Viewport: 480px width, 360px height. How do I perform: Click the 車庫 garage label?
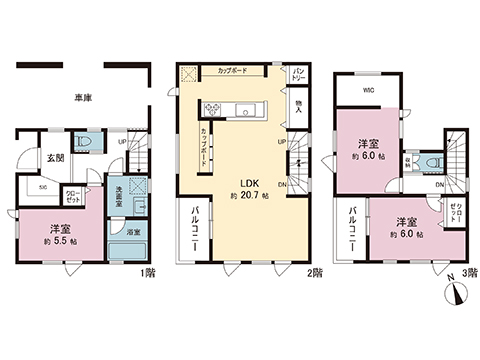click(x=83, y=98)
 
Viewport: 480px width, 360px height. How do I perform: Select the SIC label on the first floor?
click(x=42, y=186)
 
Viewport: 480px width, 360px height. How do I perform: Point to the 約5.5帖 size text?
click(x=60, y=241)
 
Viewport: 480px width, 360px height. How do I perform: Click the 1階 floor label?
click(x=149, y=271)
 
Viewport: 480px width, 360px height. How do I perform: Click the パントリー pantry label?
click(x=299, y=73)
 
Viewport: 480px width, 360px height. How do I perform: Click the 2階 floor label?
click(x=315, y=271)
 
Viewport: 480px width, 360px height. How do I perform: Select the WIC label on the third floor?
click(x=368, y=88)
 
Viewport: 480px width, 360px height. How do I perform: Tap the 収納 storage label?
click(x=411, y=163)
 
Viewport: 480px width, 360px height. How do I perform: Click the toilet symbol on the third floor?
click(x=430, y=162)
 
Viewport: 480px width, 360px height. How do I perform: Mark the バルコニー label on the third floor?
click(x=354, y=229)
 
